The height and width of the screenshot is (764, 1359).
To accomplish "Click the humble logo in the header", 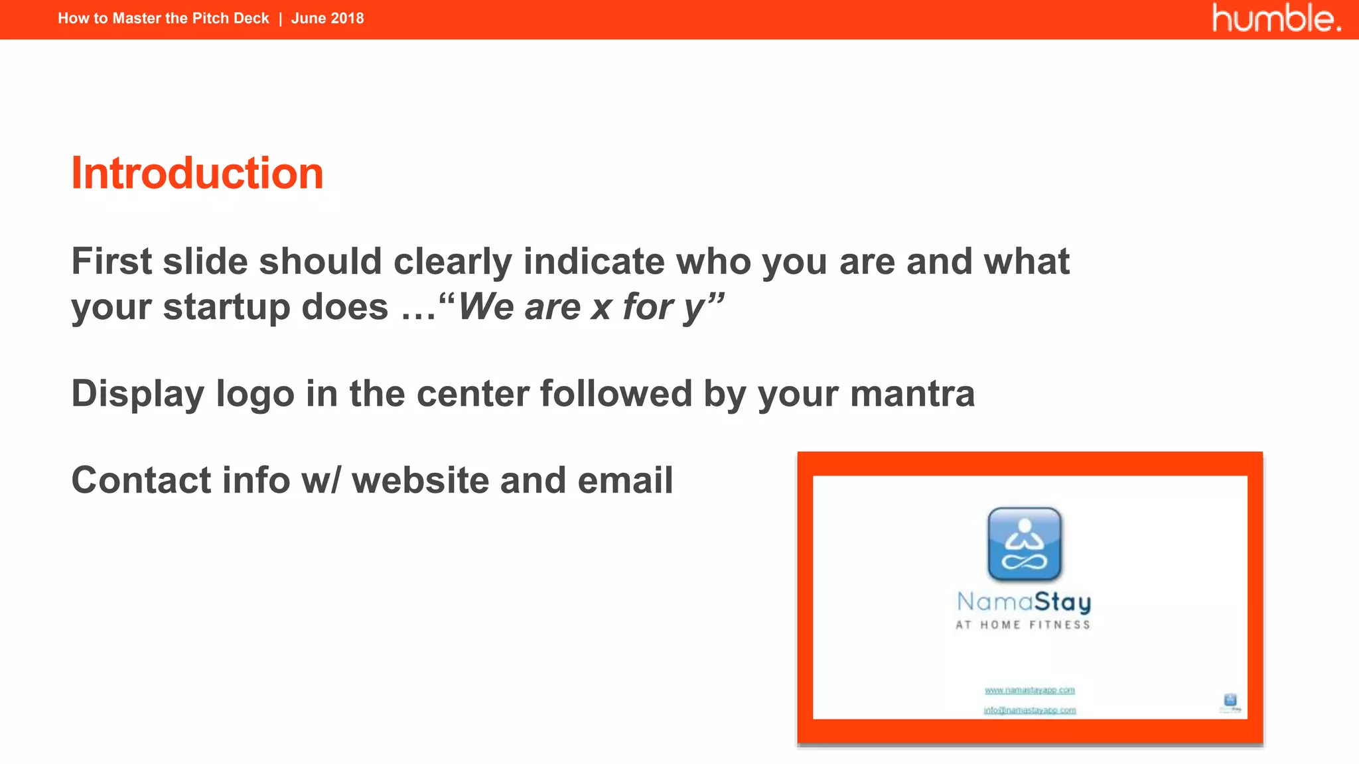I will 1275,19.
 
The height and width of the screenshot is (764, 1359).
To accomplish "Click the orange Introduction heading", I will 197,173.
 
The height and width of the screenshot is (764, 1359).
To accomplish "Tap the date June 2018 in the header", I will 327,19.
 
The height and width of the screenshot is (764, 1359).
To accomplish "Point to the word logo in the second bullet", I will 255,394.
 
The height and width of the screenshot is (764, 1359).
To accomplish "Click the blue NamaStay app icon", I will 1025,544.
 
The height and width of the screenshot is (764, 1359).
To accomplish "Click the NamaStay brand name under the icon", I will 1024,602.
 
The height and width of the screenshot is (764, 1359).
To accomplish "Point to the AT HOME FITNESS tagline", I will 1023,625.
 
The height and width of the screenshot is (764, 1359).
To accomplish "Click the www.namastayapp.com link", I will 1029,690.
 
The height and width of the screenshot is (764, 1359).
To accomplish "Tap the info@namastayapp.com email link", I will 1029,710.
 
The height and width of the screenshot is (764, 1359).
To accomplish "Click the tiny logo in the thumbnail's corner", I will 1230,702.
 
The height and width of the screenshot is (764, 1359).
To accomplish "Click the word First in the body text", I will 111,261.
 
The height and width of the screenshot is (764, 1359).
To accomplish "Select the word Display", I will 137,394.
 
